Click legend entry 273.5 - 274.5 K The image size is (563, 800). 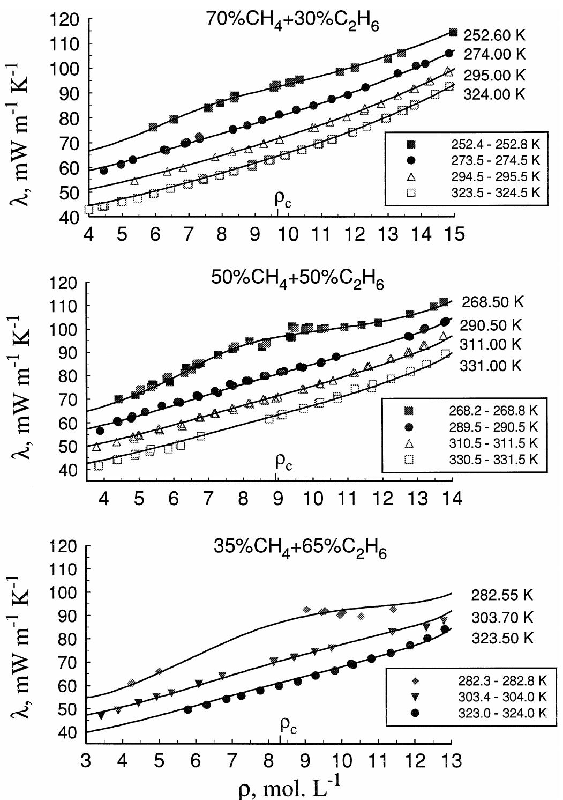click(494, 160)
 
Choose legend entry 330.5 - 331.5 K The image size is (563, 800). click(493, 460)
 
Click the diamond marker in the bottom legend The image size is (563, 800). click(417, 681)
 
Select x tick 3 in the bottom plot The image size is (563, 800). click(86, 762)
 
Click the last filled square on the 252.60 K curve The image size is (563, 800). click(453, 33)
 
